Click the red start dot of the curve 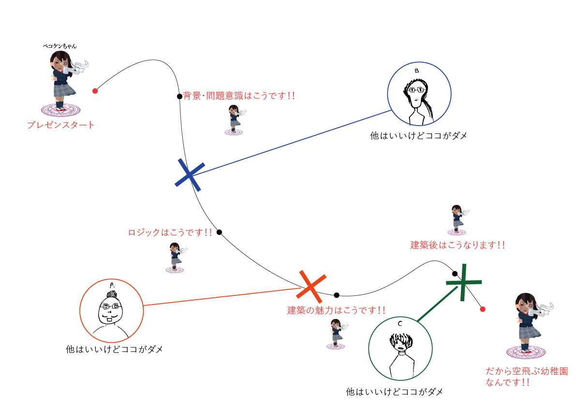95,91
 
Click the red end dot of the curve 482,309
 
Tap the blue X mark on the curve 190,173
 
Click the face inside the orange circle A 111,310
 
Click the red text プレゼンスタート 61,125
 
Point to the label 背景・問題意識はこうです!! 239,96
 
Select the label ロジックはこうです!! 170,233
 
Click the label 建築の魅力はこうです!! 337,310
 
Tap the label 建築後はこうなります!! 458,245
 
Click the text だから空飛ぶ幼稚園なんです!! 526,377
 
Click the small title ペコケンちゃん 60,46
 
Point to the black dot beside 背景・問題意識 179,96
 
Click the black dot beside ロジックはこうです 219,233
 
